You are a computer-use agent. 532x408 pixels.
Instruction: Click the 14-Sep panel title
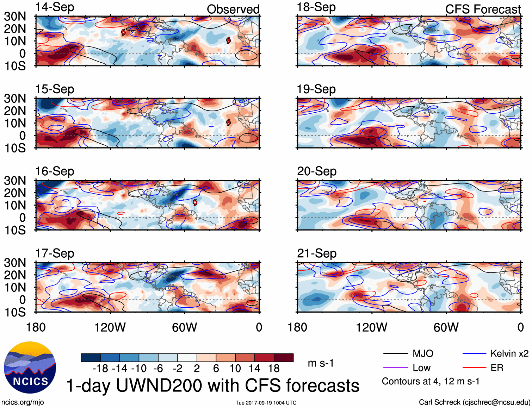[x=55, y=7]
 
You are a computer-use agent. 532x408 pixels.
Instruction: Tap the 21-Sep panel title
[x=316, y=253]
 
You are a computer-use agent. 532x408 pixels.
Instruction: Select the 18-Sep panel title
[x=316, y=7]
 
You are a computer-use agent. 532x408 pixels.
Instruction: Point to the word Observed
[x=233, y=10]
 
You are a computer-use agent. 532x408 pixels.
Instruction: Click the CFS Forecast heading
[x=483, y=10]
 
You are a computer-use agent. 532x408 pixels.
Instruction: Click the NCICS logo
[x=30, y=368]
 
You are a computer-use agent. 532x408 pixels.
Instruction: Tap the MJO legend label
[x=423, y=354]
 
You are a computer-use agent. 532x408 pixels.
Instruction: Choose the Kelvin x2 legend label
[x=509, y=354]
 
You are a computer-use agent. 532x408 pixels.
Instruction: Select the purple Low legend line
[x=395, y=368]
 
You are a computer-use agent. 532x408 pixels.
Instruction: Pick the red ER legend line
[x=474, y=368]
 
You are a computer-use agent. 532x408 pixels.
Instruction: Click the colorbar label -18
[x=100, y=369]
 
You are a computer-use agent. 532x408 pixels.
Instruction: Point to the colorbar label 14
[x=254, y=369]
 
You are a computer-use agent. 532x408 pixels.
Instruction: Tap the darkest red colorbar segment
[x=284, y=358]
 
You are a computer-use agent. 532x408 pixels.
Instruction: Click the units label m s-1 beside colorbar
[x=321, y=363]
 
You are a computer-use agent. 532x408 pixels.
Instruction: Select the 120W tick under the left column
[x=110, y=328]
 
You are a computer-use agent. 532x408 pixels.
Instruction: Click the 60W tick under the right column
[x=446, y=328]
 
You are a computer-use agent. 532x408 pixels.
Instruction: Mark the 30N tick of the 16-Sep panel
[x=15, y=181]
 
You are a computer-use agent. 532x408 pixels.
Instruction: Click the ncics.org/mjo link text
[x=23, y=402]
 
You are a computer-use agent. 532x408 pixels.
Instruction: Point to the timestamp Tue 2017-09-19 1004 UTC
[x=266, y=403]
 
